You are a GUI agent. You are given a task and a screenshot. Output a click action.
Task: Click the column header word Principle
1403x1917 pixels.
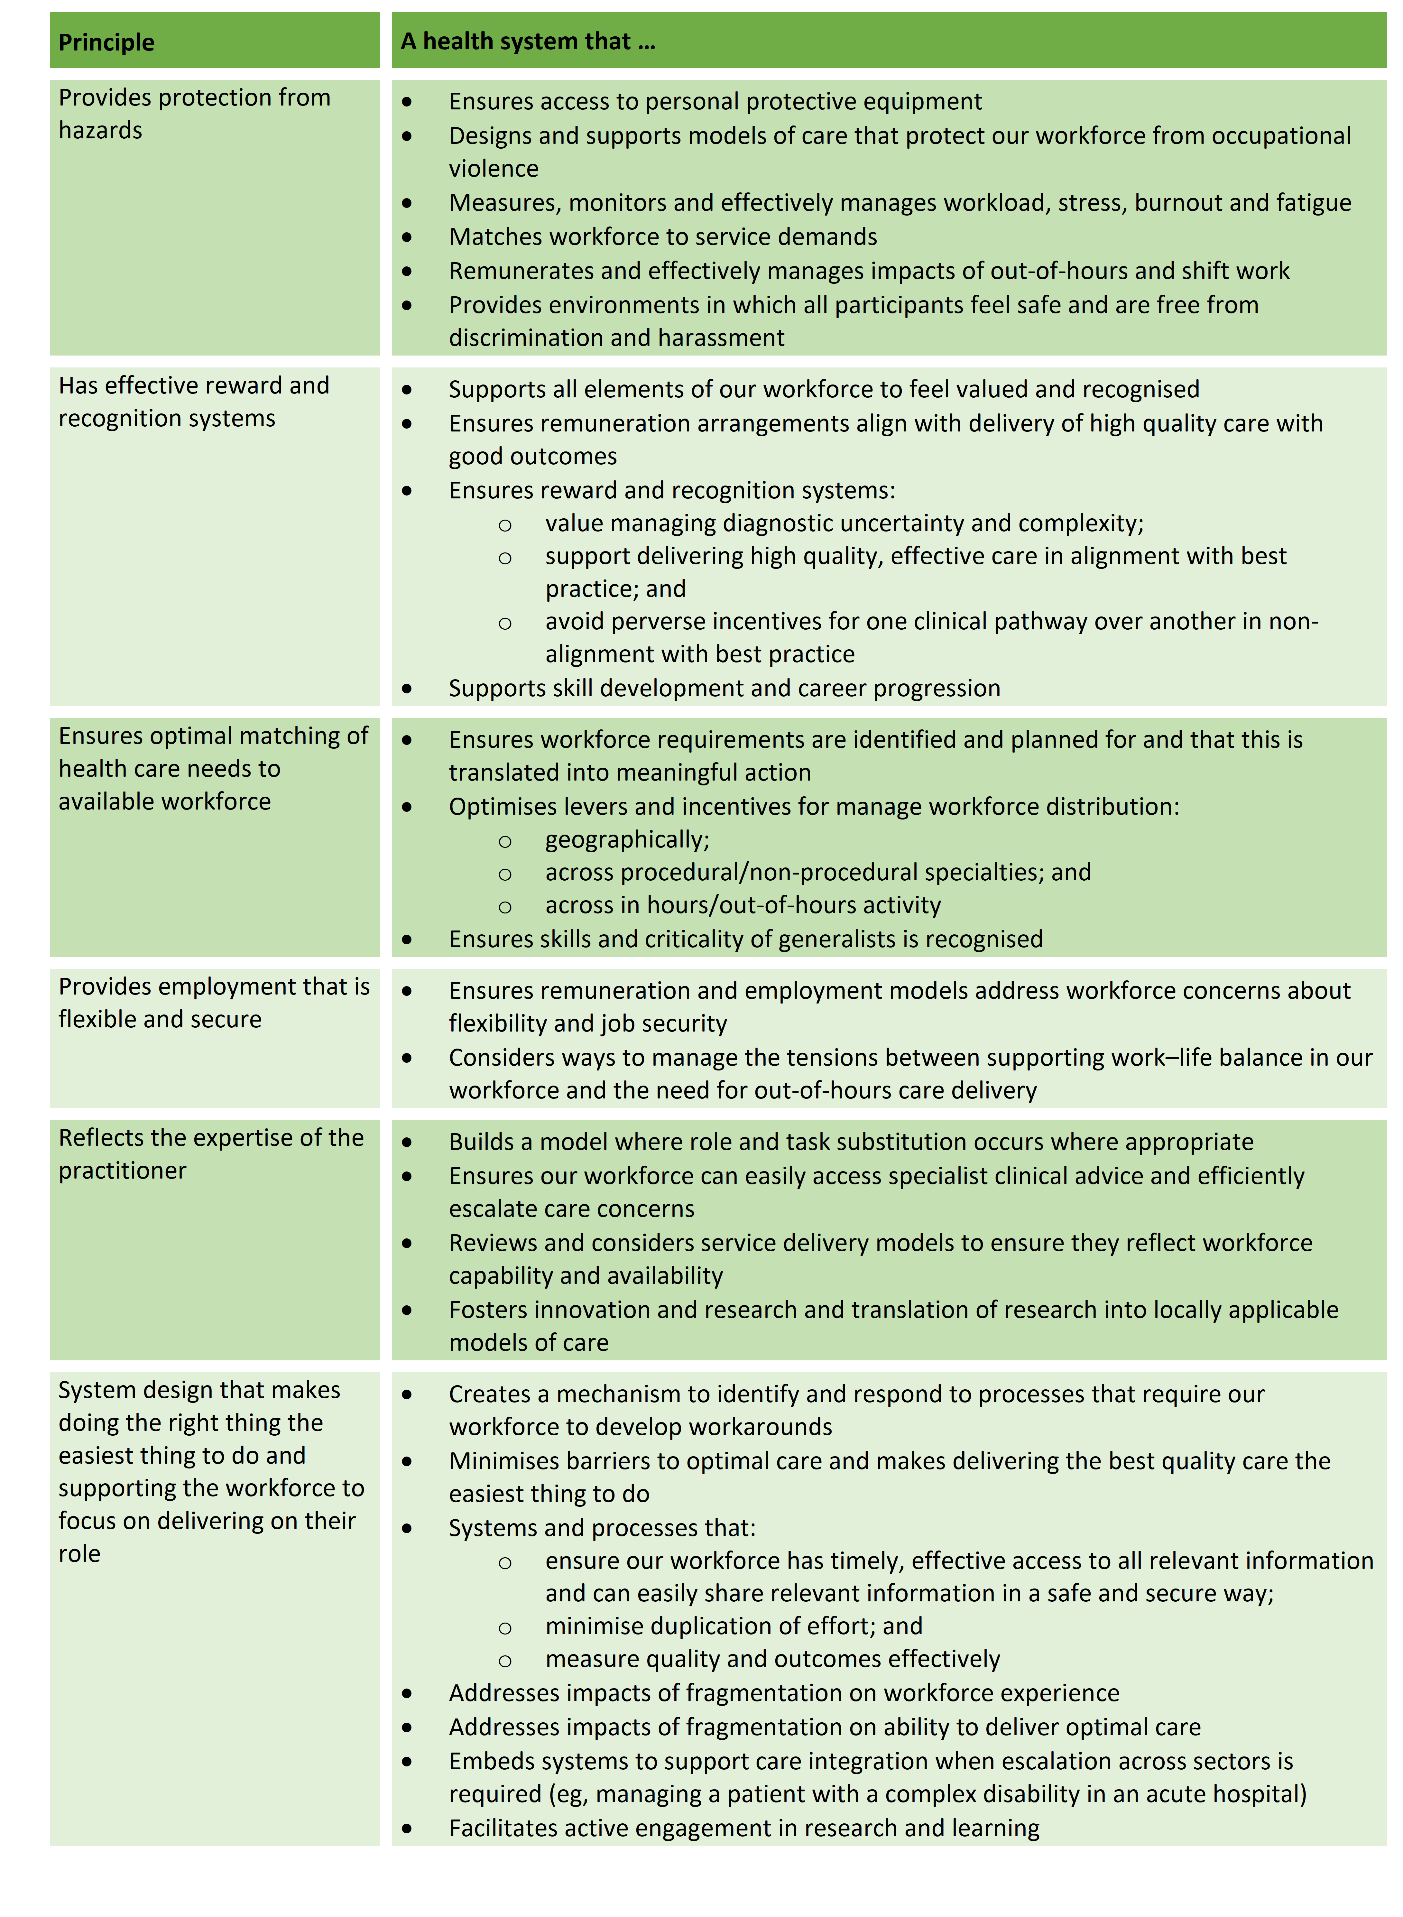tap(106, 42)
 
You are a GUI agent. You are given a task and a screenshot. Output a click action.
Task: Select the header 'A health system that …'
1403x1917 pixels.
tap(527, 42)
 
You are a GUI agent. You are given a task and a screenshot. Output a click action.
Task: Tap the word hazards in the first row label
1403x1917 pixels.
tap(100, 131)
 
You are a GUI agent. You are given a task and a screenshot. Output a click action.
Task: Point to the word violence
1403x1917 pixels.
tap(494, 169)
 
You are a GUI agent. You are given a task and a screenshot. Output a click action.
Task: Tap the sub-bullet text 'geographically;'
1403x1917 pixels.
tap(627, 840)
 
